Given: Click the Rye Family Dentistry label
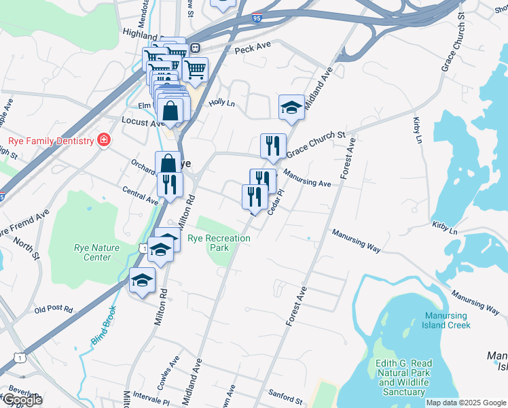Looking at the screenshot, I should (50, 141).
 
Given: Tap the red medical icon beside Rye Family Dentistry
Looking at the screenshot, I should (104, 140).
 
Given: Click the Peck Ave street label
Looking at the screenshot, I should (253, 50).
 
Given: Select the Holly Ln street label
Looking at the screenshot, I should (221, 103).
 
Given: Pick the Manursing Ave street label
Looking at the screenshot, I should (308, 180).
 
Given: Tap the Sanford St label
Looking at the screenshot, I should (285, 398).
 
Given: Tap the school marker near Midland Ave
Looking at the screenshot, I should (291, 107).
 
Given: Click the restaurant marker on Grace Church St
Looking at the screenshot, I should (272, 146).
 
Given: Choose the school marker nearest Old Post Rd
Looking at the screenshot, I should (143, 280).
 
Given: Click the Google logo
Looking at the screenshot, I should (22, 400).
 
